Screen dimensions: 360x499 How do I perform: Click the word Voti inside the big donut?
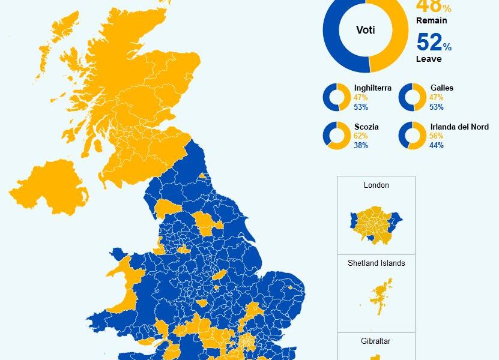coord(365,29)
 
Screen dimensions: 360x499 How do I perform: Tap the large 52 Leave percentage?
coord(430,43)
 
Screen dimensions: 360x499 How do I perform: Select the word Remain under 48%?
coord(431,20)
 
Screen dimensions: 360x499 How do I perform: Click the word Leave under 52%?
coord(428,59)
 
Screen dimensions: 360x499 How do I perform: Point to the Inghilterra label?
coord(372,88)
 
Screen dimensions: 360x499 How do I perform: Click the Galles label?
coord(441,88)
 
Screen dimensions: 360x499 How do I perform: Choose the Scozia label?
coord(366,127)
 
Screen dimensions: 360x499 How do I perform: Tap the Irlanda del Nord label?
coord(459,127)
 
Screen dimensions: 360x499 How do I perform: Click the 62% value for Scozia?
coord(361,136)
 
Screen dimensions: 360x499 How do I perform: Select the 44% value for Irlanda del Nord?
coord(437,145)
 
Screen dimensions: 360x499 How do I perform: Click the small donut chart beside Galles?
coord(411,97)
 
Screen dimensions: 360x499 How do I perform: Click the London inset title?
coord(376,185)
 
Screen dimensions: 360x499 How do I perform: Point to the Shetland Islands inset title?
coord(376,263)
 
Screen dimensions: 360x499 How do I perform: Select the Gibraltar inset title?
coord(376,341)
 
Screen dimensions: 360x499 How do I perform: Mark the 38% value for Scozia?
coord(361,145)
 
